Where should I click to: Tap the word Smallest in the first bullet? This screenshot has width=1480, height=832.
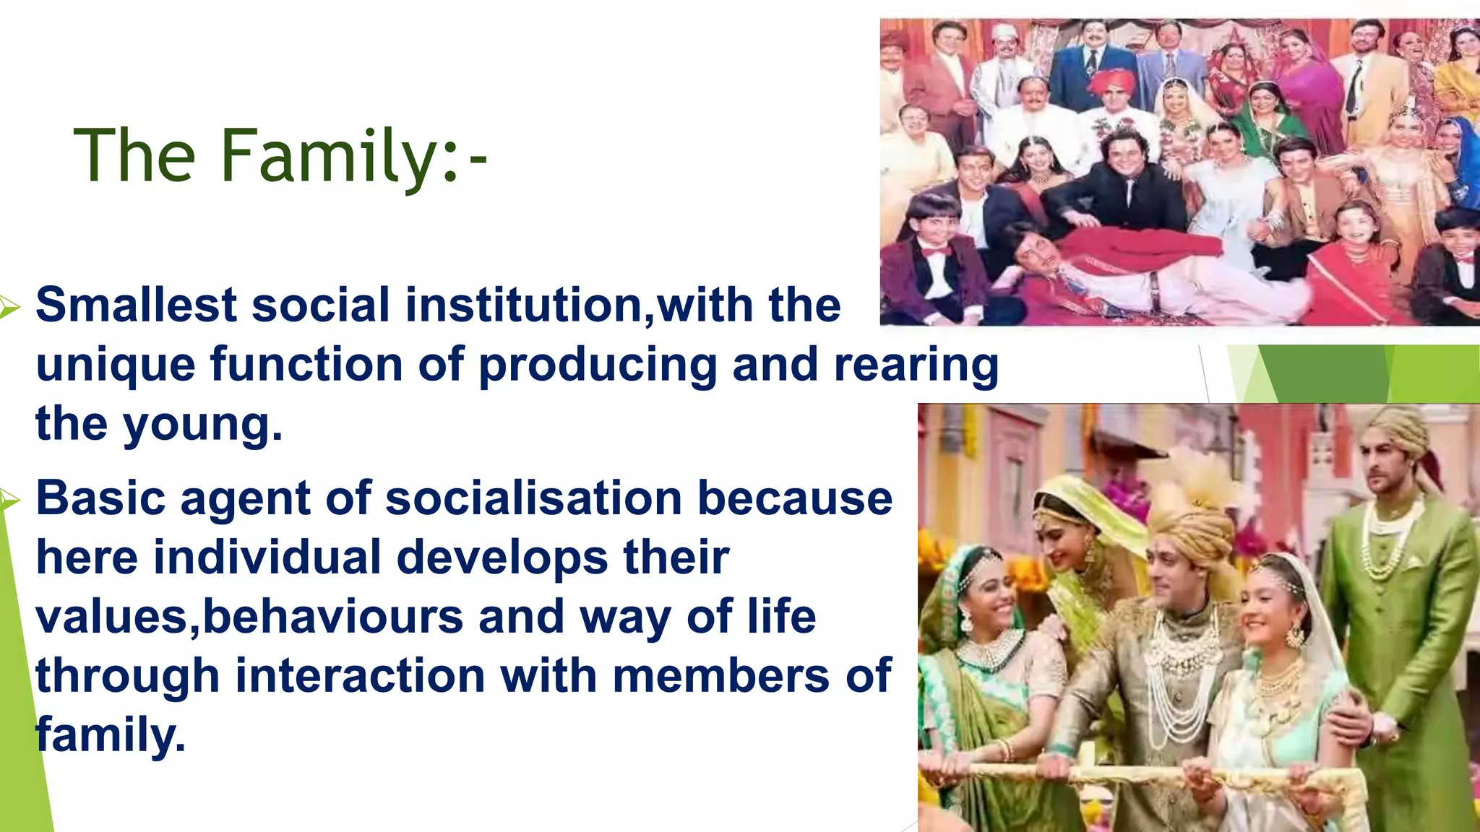coord(136,305)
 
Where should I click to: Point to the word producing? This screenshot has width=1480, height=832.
coord(598,365)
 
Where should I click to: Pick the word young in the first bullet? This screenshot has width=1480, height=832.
coord(202,425)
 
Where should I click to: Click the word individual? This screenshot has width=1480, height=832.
coord(267,558)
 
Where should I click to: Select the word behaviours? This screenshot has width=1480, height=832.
coord(332,617)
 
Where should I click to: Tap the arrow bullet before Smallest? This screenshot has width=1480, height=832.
coord(9,307)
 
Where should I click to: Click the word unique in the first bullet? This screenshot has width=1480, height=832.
coord(115,365)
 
